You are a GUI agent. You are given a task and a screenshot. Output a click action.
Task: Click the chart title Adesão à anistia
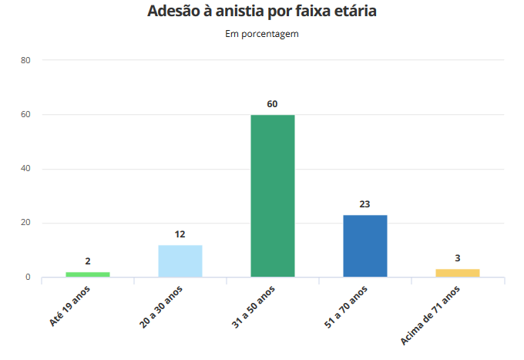(x=262, y=12)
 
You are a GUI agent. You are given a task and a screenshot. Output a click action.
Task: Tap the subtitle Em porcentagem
(x=262, y=34)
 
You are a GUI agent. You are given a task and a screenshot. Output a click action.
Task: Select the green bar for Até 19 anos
(x=88, y=274)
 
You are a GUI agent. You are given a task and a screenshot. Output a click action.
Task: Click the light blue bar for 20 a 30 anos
(x=180, y=261)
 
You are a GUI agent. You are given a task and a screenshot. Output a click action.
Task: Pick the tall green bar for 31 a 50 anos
(x=273, y=196)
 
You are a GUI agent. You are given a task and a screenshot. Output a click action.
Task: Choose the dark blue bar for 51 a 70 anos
(x=365, y=246)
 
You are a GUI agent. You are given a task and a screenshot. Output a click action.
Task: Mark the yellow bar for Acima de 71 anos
(x=458, y=273)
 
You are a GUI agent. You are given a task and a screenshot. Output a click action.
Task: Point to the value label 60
(x=273, y=104)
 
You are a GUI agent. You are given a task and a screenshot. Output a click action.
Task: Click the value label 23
(x=365, y=204)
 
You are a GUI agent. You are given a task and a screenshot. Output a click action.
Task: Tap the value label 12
(x=180, y=234)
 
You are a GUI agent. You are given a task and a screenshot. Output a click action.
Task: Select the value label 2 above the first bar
(x=88, y=261)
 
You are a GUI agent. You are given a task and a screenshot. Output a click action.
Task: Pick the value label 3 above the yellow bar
(x=458, y=259)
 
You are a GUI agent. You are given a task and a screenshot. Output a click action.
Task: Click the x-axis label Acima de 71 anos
(x=432, y=314)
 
